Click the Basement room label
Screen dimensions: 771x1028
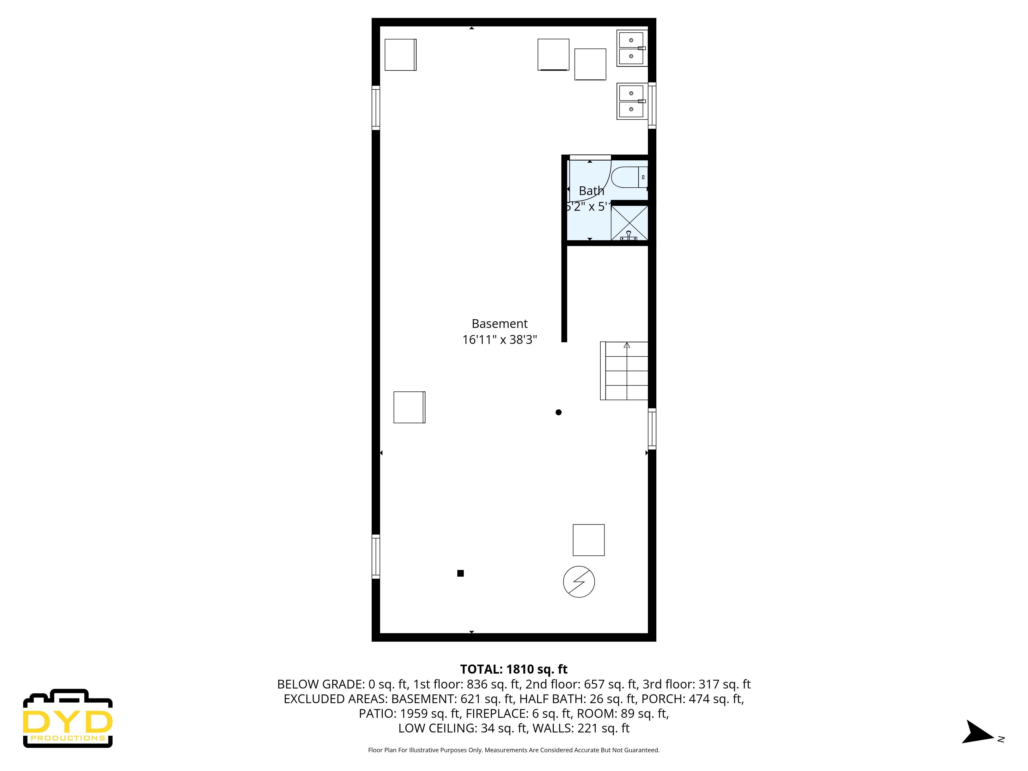coord(500,324)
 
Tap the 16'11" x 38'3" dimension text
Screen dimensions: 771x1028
coord(500,340)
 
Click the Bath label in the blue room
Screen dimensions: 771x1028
coord(591,191)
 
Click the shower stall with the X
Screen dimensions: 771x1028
coord(629,223)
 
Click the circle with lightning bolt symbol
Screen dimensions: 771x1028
coord(579,581)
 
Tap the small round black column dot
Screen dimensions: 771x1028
coord(559,412)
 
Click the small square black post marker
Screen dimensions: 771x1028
coord(461,573)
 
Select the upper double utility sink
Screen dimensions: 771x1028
coord(632,48)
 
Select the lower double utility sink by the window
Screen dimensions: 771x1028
coord(632,101)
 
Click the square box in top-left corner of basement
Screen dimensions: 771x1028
coord(400,55)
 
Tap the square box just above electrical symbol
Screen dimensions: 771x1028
coord(588,540)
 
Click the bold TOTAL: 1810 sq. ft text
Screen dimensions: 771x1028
coord(513,669)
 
